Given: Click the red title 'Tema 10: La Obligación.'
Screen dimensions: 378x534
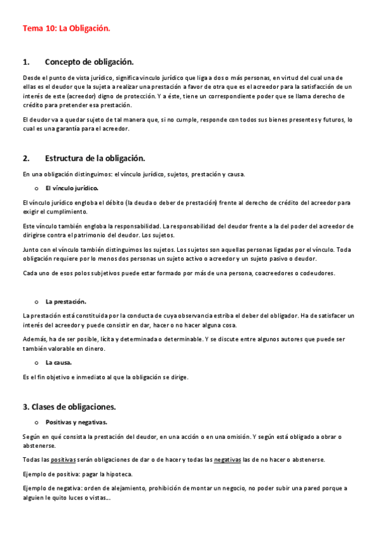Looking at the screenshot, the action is [66, 28].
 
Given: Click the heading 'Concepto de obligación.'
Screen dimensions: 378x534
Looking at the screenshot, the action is [89, 62].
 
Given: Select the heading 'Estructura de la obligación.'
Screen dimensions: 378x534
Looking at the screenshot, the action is [95, 158].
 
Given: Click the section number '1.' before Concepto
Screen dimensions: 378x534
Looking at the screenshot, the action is [27, 62].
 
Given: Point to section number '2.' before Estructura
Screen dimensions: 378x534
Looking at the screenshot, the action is [27, 158].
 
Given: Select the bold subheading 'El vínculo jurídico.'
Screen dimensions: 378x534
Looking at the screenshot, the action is [72, 188].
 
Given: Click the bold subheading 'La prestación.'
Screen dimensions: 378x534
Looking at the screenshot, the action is [66, 302].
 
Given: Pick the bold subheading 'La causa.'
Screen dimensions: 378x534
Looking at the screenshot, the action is [59, 362].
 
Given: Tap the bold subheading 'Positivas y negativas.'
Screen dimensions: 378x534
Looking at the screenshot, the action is [76, 422].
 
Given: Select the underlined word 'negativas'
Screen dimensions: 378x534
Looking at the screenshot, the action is [228, 460].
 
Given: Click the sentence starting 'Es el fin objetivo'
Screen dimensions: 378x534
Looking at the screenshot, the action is [105, 377].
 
